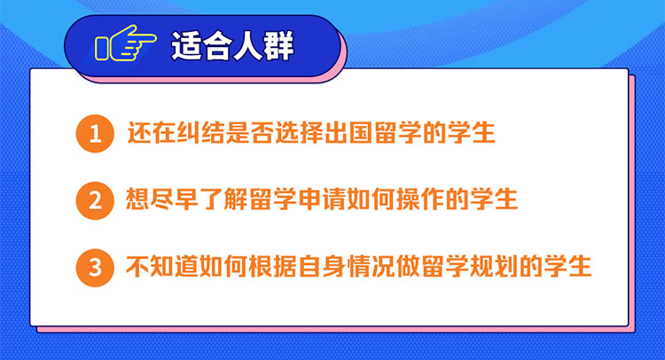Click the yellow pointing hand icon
pos(126,43)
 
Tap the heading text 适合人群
pos(232,46)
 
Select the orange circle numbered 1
pos(95,134)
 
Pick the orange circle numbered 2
pos(95,200)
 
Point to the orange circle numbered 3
pos(95,268)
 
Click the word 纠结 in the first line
pos(201,133)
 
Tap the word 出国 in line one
pos(348,133)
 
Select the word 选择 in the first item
pos(300,133)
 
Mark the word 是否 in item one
pos(250,133)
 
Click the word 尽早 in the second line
pos(175,200)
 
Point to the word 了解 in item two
pos(223,200)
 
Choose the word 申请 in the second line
pos(322,200)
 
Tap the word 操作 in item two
pos(420,200)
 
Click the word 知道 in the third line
pos(175,266)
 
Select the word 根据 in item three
pos(273,266)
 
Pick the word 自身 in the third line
pos(322,266)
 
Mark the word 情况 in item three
pos(372,266)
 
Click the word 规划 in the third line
pos(494,266)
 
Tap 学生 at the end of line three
pos(567,266)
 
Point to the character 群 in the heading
pos(278,46)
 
